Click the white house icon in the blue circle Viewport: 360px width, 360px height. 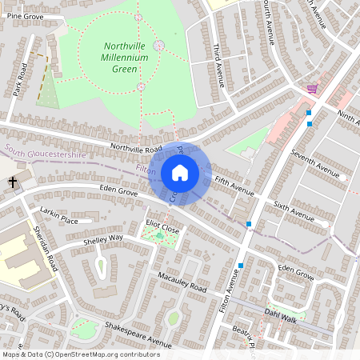click(180, 172)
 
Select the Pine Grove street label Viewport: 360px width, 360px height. click(24, 16)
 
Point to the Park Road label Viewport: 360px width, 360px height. click(22, 77)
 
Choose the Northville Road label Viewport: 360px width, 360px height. click(136, 148)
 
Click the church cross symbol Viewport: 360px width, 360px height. click(14, 183)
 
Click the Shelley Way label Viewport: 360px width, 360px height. click(103, 238)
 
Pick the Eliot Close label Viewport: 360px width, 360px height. click(162, 228)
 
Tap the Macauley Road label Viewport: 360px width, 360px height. click(182, 282)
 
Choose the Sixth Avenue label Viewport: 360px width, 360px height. click(294, 211)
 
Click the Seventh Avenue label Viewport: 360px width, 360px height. click(315, 164)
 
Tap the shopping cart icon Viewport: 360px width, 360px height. click(312, 89)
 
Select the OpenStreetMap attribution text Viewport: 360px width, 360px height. click(81, 354)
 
